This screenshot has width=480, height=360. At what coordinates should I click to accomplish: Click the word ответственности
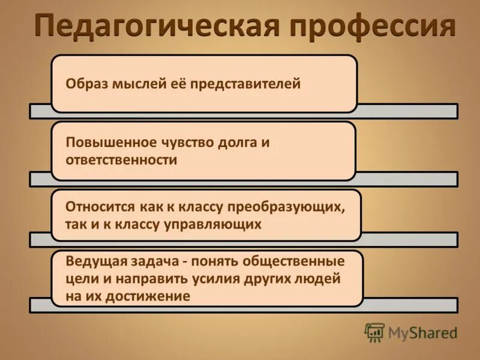click(x=121, y=160)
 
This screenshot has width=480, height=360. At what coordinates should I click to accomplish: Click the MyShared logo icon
click(x=375, y=332)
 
